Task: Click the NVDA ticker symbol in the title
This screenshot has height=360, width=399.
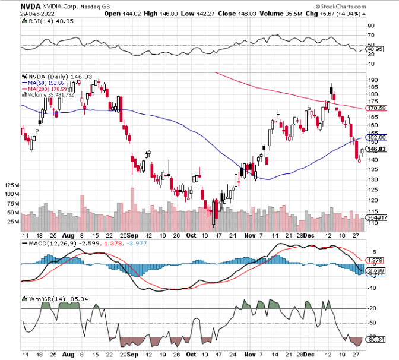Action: tap(31, 7)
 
